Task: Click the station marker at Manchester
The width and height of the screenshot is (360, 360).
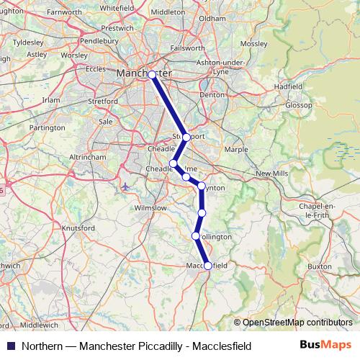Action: [152, 74]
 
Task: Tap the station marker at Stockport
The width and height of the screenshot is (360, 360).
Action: [186, 137]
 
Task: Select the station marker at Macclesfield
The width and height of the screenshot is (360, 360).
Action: [208, 266]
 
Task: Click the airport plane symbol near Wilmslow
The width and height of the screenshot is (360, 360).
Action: [126, 188]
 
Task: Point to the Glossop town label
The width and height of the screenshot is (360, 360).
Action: [299, 104]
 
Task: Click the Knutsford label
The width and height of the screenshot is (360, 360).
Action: [78, 228]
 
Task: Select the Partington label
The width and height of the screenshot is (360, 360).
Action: [48, 127]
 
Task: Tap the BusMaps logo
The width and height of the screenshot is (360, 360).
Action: [331, 346]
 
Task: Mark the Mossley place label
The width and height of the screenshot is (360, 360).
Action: [253, 43]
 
